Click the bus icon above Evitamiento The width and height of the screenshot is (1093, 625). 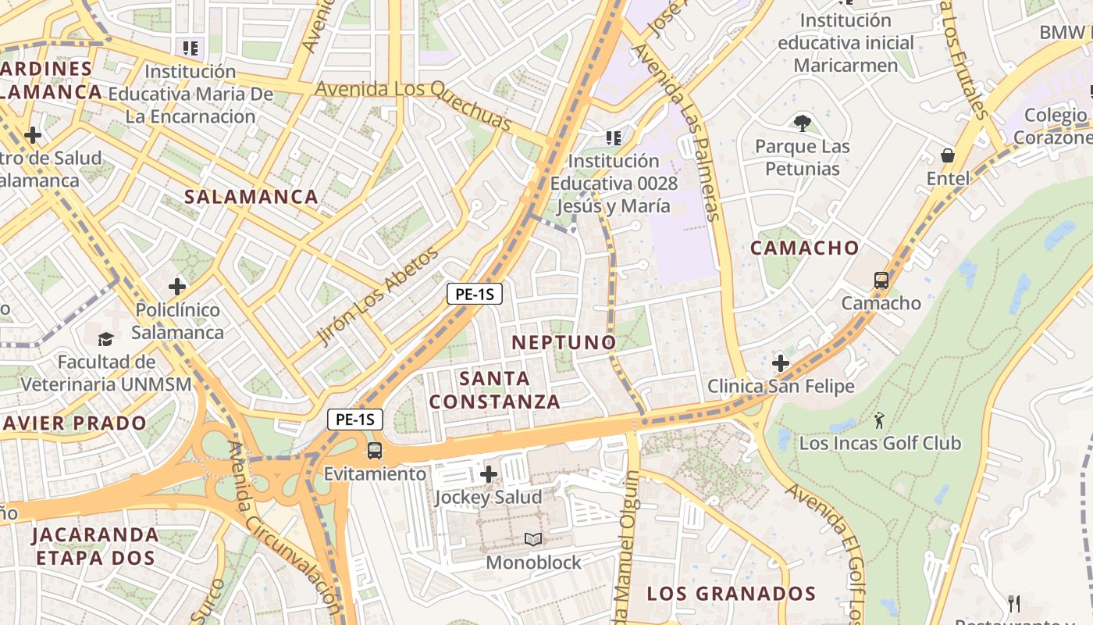pos(375,451)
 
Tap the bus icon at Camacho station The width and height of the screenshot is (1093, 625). pos(881,280)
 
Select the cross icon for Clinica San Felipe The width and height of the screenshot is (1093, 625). pos(780,362)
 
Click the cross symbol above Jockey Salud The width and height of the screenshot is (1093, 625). pos(489,474)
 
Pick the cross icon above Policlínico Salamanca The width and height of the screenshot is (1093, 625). pos(177,287)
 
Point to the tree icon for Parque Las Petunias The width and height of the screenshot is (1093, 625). pos(801,123)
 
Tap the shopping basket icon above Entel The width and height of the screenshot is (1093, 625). pos(947,155)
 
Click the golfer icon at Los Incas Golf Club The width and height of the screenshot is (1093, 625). pos(879,420)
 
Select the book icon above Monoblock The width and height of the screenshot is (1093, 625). pos(533,539)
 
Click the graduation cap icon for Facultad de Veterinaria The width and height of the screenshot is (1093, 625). pos(105,339)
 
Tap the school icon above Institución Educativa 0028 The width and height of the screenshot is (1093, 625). pos(614,138)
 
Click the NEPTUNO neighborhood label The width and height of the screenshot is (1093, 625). pos(564,342)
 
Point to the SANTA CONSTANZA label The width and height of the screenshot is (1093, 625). pos(495,390)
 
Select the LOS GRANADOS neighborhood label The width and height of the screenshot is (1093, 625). pos(732,594)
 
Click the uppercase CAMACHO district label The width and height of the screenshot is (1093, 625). pos(804,248)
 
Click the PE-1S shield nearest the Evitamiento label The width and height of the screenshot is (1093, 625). pos(355,420)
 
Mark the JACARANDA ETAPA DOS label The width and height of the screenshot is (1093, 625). pos(95,546)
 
